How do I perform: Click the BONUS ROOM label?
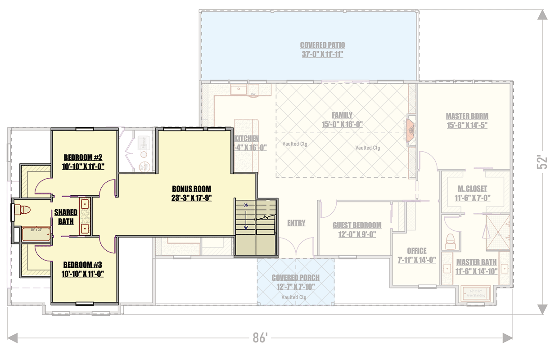[x=191, y=189]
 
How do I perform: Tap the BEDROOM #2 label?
[x=83, y=157]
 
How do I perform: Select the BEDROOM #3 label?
[x=83, y=265]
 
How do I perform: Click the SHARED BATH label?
[x=66, y=216]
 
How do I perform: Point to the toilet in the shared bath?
[x=22, y=210]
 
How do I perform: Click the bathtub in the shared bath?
[x=36, y=235]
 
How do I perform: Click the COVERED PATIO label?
[x=322, y=45]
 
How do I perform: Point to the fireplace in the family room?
[x=411, y=130]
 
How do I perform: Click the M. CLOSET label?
[x=472, y=189]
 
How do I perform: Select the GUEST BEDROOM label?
[x=357, y=225]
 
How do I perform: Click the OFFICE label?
[x=416, y=251]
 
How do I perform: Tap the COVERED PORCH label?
[x=296, y=278]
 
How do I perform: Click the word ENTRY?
[x=296, y=223]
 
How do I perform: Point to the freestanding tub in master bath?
[x=475, y=293]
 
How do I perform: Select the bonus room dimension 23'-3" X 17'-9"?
[x=191, y=198]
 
